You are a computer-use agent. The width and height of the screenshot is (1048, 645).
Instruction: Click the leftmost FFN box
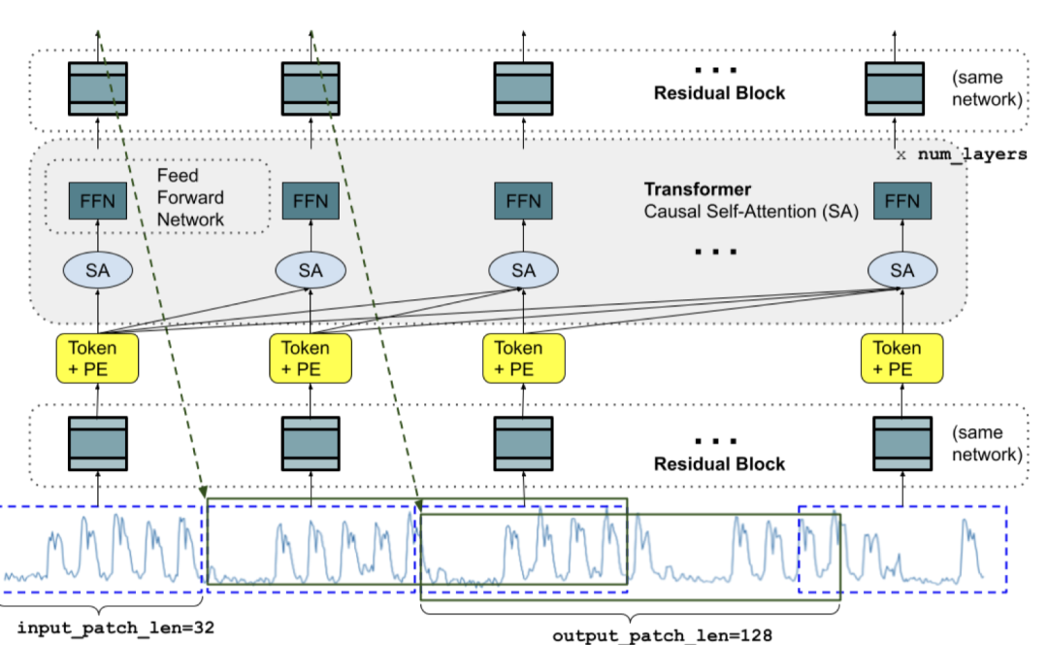click(x=97, y=201)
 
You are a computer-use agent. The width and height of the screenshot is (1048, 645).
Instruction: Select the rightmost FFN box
click(x=902, y=201)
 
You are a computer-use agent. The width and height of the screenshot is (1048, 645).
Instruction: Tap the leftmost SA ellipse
click(x=97, y=271)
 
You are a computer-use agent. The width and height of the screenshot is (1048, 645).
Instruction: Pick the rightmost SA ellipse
click(x=902, y=271)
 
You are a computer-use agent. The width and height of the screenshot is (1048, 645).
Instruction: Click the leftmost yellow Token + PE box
click(x=97, y=357)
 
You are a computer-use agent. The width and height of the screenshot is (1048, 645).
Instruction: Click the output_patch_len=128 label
click(x=663, y=635)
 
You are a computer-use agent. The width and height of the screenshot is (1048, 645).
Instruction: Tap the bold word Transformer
click(x=698, y=189)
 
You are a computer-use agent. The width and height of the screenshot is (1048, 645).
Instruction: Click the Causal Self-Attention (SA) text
click(x=752, y=209)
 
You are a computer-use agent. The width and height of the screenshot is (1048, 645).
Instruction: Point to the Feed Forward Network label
click(x=190, y=197)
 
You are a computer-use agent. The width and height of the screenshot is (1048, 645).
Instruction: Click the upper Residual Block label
click(x=719, y=93)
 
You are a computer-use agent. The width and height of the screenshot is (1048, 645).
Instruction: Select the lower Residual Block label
click(x=719, y=463)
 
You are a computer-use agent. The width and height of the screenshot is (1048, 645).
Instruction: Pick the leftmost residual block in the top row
click(x=97, y=87)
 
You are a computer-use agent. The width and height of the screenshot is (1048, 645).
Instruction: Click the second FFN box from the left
click(x=311, y=201)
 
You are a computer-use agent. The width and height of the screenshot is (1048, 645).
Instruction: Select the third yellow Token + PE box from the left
click(x=522, y=357)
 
